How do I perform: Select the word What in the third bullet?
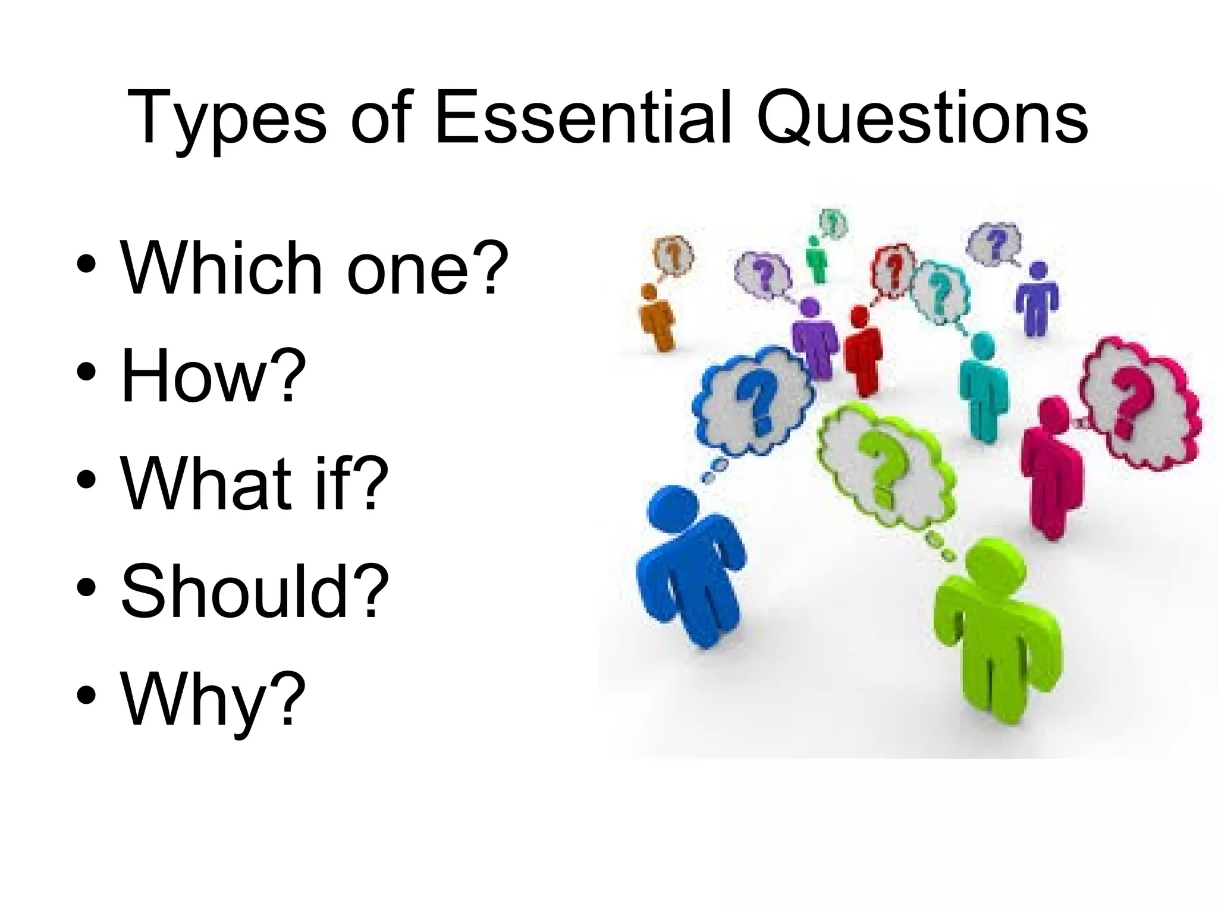point(206,482)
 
